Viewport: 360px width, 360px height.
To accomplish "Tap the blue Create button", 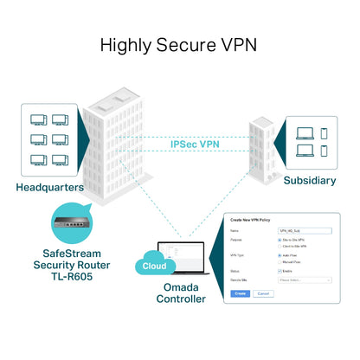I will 241,293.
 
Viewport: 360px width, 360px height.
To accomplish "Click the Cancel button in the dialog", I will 263,293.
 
